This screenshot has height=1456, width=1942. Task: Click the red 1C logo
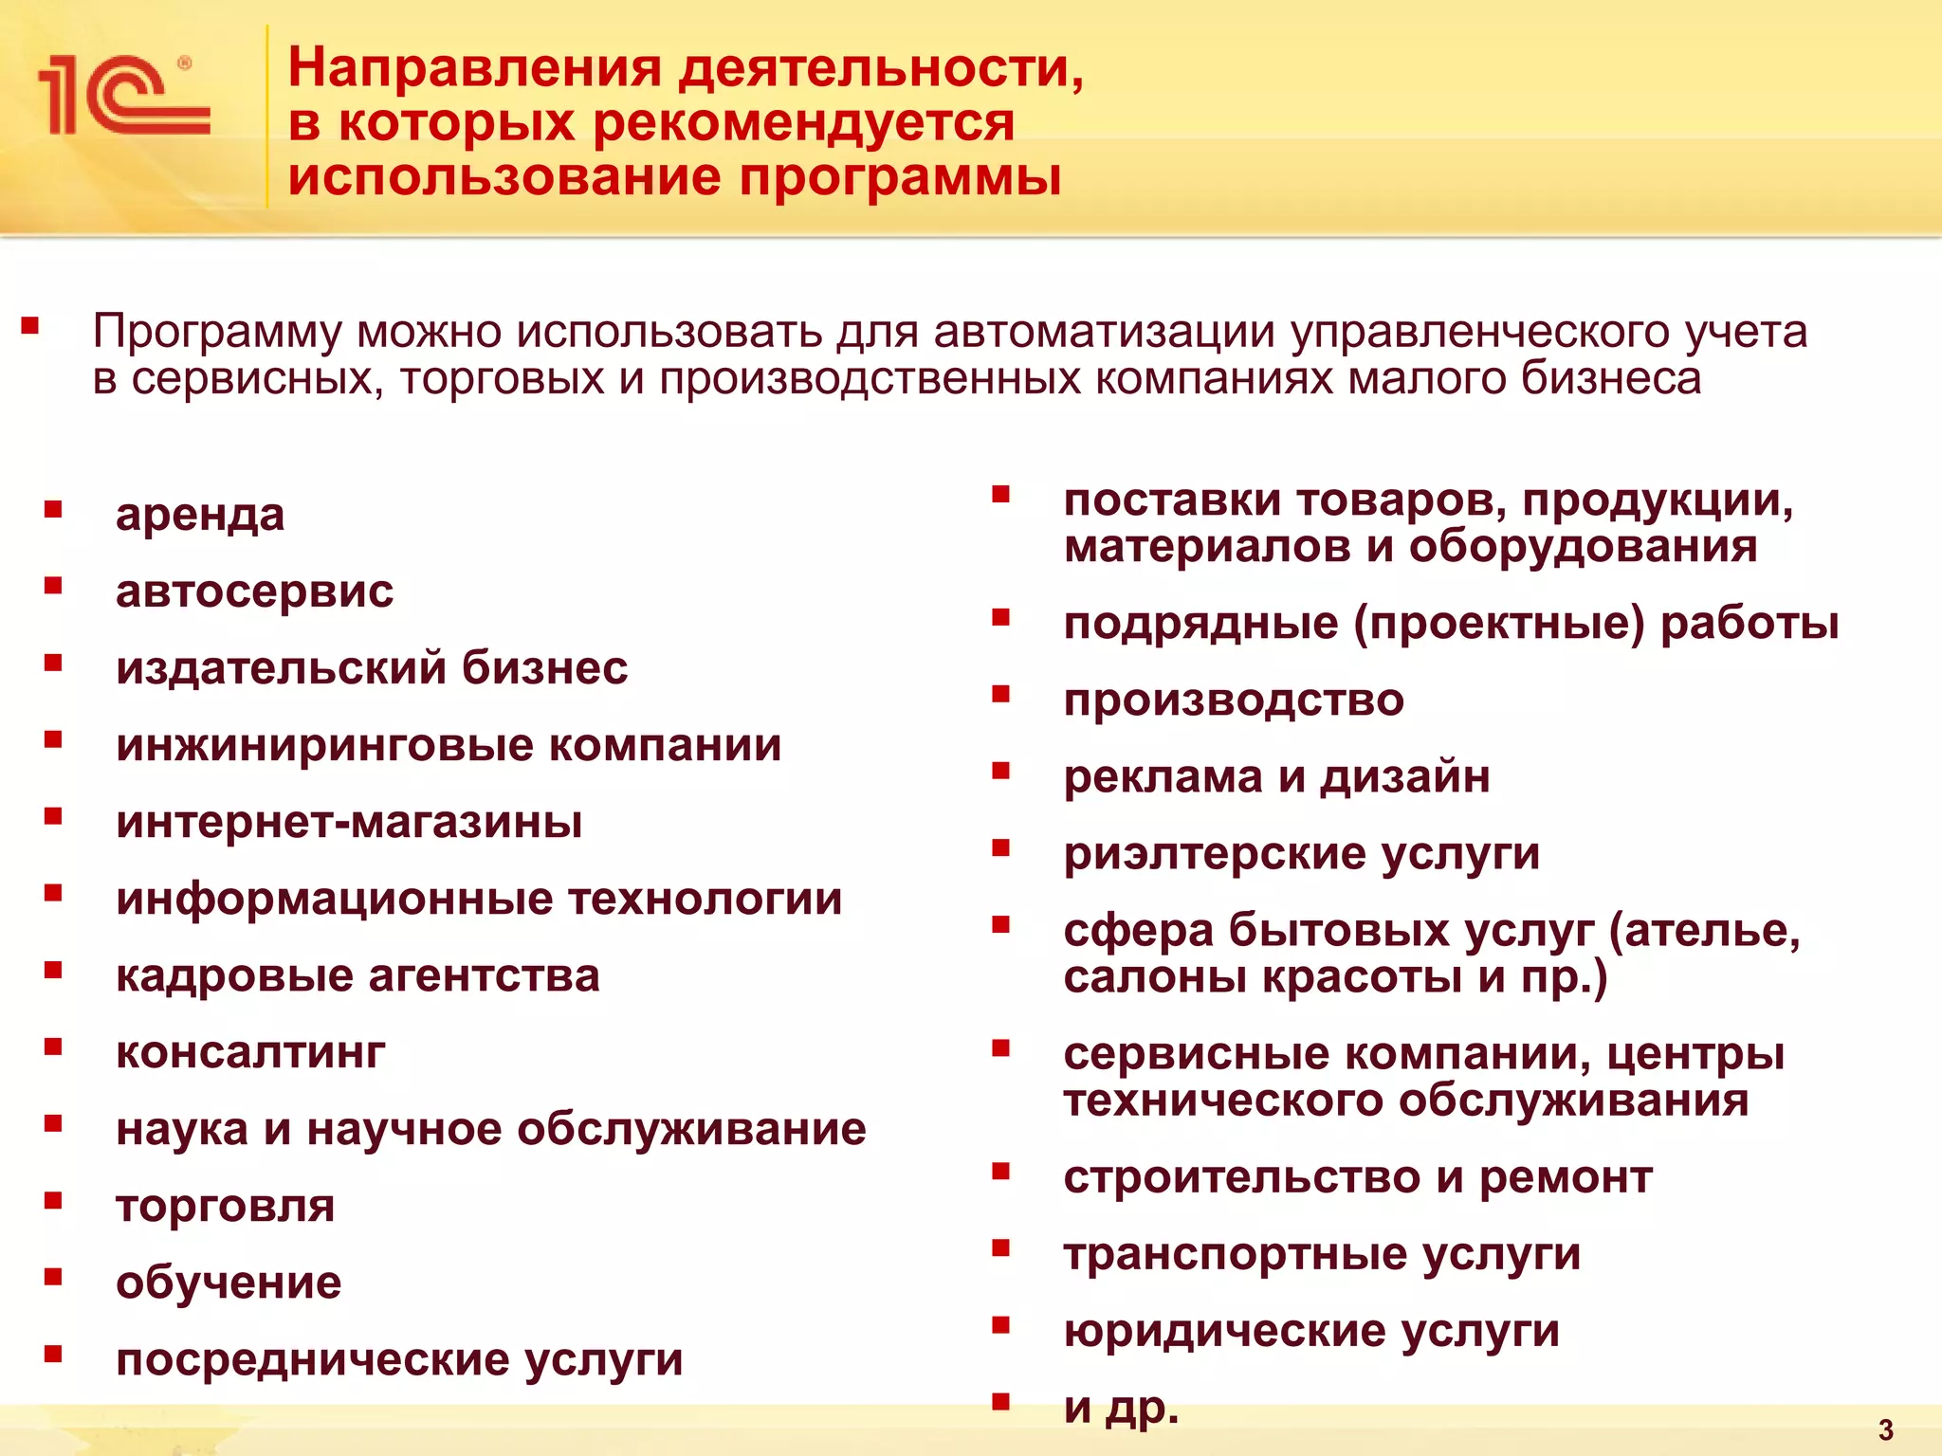tap(123, 95)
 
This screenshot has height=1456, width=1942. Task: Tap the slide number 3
tap(1886, 1429)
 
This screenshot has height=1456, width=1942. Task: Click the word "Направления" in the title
tap(474, 68)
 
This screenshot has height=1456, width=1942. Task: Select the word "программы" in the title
tap(900, 178)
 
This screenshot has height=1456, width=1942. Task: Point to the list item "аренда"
tap(200, 516)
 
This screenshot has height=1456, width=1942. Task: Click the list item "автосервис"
tap(254, 591)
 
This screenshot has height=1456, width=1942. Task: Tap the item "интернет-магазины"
tap(349, 822)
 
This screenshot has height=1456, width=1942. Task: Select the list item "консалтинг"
tap(250, 1052)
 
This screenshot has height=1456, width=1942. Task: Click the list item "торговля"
tap(226, 1207)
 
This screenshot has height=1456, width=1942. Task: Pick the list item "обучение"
tap(229, 1283)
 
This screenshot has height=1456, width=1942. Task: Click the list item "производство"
tap(1234, 701)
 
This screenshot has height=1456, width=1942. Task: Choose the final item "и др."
tap(1121, 1408)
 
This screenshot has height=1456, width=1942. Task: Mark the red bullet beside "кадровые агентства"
tap(53, 970)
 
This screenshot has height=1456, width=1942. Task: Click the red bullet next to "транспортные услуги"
tap(1001, 1248)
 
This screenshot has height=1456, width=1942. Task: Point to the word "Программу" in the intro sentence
tap(217, 333)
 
